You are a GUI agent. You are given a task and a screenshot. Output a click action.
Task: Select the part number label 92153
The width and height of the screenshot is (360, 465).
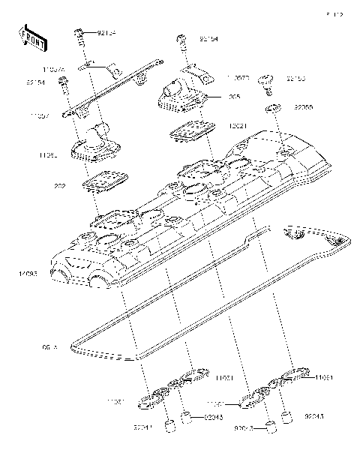tap(295, 78)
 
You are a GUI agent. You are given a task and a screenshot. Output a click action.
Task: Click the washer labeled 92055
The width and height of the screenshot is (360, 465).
tap(273, 109)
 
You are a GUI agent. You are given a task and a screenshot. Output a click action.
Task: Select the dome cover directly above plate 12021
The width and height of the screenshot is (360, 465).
tap(180, 94)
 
